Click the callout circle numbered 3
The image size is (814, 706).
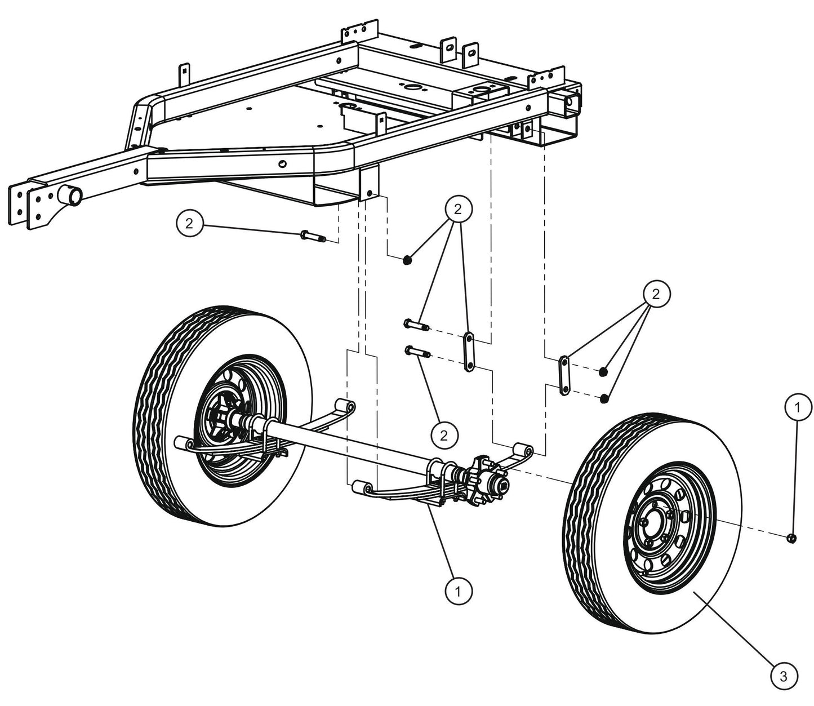pyautogui.click(x=783, y=677)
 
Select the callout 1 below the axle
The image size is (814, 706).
pyautogui.click(x=459, y=591)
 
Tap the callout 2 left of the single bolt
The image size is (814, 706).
pyautogui.click(x=189, y=224)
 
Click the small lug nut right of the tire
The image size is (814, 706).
pyautogui.click(x=791, y=538)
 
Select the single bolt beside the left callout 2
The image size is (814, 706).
pyautogui.click(x=313, y=235)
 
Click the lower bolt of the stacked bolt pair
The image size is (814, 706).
pyautogui.click(x=417, y=353)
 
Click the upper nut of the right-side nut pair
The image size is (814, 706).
pyautogui.click(x=603, y=371)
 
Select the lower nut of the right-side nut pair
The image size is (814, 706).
pyautogui.click(x=604, y=398)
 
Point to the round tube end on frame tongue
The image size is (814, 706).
pyautogui.click(x=70, y=197)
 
